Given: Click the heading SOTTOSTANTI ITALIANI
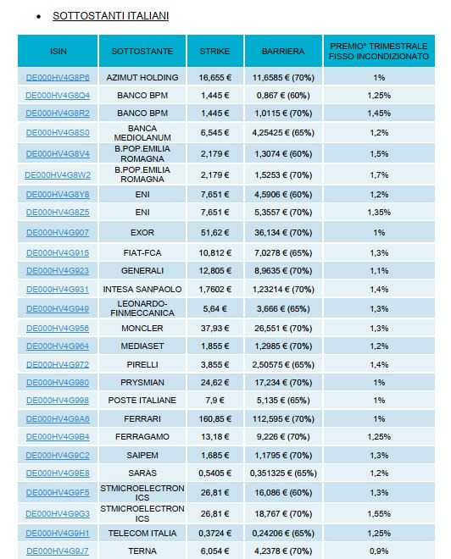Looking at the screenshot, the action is (110, 16).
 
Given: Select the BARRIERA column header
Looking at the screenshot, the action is (283, 52).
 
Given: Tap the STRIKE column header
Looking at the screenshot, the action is (214, 52).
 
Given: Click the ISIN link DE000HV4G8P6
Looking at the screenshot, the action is (58, 78).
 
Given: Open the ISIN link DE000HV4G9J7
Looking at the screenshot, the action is (58, 551).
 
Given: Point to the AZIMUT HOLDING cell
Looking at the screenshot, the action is (142, 78).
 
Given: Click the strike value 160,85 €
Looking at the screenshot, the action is (215, 419).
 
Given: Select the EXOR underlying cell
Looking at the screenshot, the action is (142, 233).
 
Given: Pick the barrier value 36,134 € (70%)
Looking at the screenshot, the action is (283, 233).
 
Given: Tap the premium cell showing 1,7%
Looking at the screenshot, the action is (379, 175).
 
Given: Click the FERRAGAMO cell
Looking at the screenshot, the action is (142, 437).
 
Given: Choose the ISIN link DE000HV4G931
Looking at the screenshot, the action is (58, 290).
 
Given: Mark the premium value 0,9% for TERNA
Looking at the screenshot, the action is (379, 551).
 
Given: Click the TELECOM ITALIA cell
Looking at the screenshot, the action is (142, 534).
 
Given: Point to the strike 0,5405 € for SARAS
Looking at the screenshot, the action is (215, 473).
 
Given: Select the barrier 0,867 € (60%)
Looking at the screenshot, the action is (283, 96).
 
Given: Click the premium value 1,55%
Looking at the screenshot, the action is (379, 514).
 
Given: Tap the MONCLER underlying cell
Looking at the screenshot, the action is (142, 329).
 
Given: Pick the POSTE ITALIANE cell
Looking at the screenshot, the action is (142, 401).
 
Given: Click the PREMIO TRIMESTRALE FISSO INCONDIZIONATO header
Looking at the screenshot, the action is (379, 52).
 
